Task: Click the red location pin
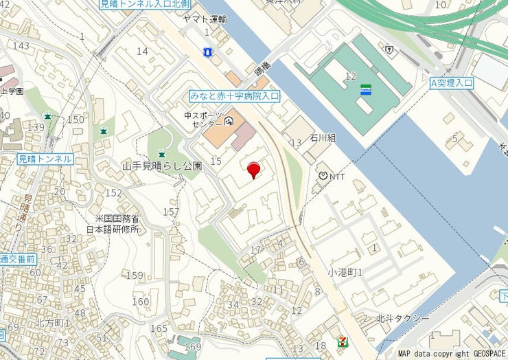[254, 169]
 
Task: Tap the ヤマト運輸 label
[205, 19]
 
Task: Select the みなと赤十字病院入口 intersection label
[234, 97]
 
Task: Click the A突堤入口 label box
[452, 83]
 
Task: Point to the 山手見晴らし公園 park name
[161, 166]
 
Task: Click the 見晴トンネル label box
[45, 159]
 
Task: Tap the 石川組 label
[323, 138]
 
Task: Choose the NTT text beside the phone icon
[337, 177]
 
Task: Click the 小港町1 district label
[345, 272]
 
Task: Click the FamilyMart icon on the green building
[367, 89]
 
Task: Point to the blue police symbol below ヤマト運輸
[207, 52]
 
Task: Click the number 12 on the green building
[351, 76]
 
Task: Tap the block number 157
[171, 212]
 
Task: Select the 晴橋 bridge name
[262, 70]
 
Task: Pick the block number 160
[140, 301]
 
